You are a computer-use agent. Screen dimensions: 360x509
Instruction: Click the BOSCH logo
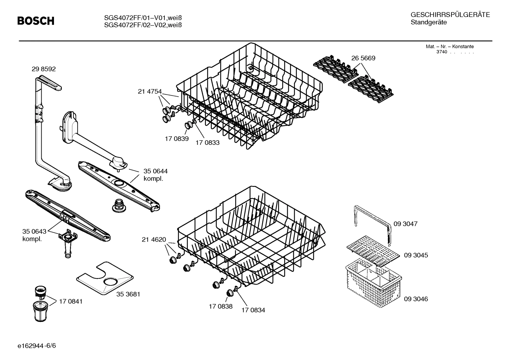coord(36,21)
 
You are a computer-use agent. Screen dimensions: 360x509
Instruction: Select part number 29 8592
coord(43,69)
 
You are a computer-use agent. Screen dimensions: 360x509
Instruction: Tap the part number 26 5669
coord(363,58)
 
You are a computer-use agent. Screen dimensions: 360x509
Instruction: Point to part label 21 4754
coord(149,92)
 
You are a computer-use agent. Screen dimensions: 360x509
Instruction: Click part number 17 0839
coord(176,139)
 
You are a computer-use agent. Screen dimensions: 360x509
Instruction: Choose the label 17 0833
coord(208,143)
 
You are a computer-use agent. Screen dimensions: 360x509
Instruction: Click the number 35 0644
coord(155,171)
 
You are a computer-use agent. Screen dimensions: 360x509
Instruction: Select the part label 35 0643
coord(34,231)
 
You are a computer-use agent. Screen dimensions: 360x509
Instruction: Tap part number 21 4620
coord(154,240)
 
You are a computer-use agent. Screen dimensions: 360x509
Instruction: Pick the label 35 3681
coord(128,294)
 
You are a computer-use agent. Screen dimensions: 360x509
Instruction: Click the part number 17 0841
coord(71,301)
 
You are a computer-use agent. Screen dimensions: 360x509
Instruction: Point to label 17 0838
coord(221,306)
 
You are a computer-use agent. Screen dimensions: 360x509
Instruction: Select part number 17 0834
coord(253,310)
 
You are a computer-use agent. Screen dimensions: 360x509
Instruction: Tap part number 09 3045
coord(416,255)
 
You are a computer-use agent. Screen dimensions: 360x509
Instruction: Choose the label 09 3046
coord(416,299)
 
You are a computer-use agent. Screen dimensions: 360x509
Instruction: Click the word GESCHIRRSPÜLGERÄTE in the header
coord(450,15)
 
